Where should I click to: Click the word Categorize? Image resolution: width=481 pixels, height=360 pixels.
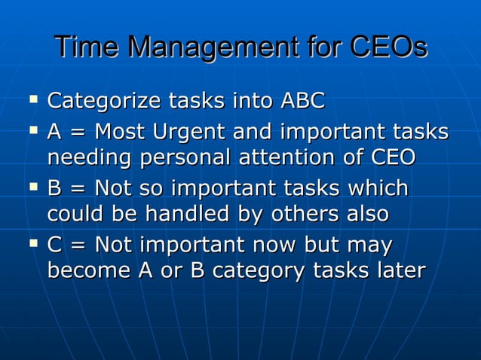tap(104, 101)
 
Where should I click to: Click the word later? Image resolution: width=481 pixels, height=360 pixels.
tap(398, 271)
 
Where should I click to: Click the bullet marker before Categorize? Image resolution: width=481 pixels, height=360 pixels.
tap(32, 99)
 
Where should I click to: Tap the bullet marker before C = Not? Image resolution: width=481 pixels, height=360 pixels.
tap(32, 243)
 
